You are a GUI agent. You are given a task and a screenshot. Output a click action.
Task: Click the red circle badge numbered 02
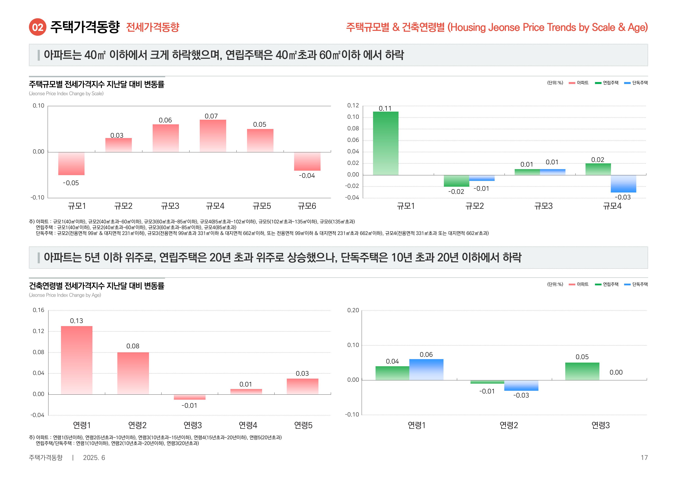(37, 27)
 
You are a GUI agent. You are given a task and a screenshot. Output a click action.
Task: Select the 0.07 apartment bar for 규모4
(213, 136)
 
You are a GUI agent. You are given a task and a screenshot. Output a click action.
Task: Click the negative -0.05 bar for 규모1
(71, 164)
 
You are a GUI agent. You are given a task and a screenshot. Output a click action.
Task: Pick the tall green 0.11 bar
(385, 143)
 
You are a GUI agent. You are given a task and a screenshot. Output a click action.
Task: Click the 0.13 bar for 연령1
(77, 360)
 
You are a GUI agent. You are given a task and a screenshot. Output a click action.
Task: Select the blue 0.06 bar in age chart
(426, 369)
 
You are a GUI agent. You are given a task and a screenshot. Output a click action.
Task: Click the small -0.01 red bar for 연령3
(190, 397)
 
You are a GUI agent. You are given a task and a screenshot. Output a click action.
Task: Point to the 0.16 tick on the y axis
(38, 310)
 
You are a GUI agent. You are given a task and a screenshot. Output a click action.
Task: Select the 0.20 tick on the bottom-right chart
(353, 310)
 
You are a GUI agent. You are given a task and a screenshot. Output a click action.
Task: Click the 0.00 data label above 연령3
(616, 372)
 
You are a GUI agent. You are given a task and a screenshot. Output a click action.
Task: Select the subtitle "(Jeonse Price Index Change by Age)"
(65, 295)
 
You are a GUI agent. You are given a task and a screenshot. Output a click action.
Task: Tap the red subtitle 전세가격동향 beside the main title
(152, 27)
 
